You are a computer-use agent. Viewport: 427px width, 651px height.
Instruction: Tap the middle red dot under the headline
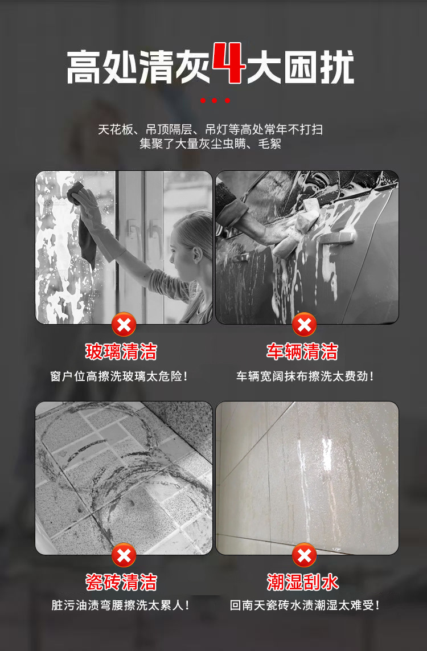point(215,101)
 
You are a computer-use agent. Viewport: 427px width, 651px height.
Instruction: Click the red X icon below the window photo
point(124,325)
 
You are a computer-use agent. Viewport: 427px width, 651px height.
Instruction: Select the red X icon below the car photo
point(304,325)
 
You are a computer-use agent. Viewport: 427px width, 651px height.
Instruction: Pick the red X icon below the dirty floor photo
point(124,555)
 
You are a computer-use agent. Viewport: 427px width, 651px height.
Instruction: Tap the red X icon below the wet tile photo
point(304,555)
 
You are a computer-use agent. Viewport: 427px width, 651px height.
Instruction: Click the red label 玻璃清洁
point(121,351)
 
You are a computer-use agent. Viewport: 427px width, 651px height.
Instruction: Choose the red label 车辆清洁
point(302,351)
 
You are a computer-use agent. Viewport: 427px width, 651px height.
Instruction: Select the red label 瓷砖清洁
point(121,582)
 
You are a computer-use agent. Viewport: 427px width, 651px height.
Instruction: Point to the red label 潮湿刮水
point(302,582)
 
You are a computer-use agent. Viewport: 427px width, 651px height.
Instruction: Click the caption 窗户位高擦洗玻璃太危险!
point(119,376)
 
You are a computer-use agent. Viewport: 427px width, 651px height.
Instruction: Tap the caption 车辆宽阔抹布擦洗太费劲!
point(305,376)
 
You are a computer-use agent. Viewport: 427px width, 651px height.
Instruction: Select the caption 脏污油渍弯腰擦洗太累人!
point(120,605)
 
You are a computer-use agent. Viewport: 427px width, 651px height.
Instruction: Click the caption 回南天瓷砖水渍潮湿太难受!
point(305,605)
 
